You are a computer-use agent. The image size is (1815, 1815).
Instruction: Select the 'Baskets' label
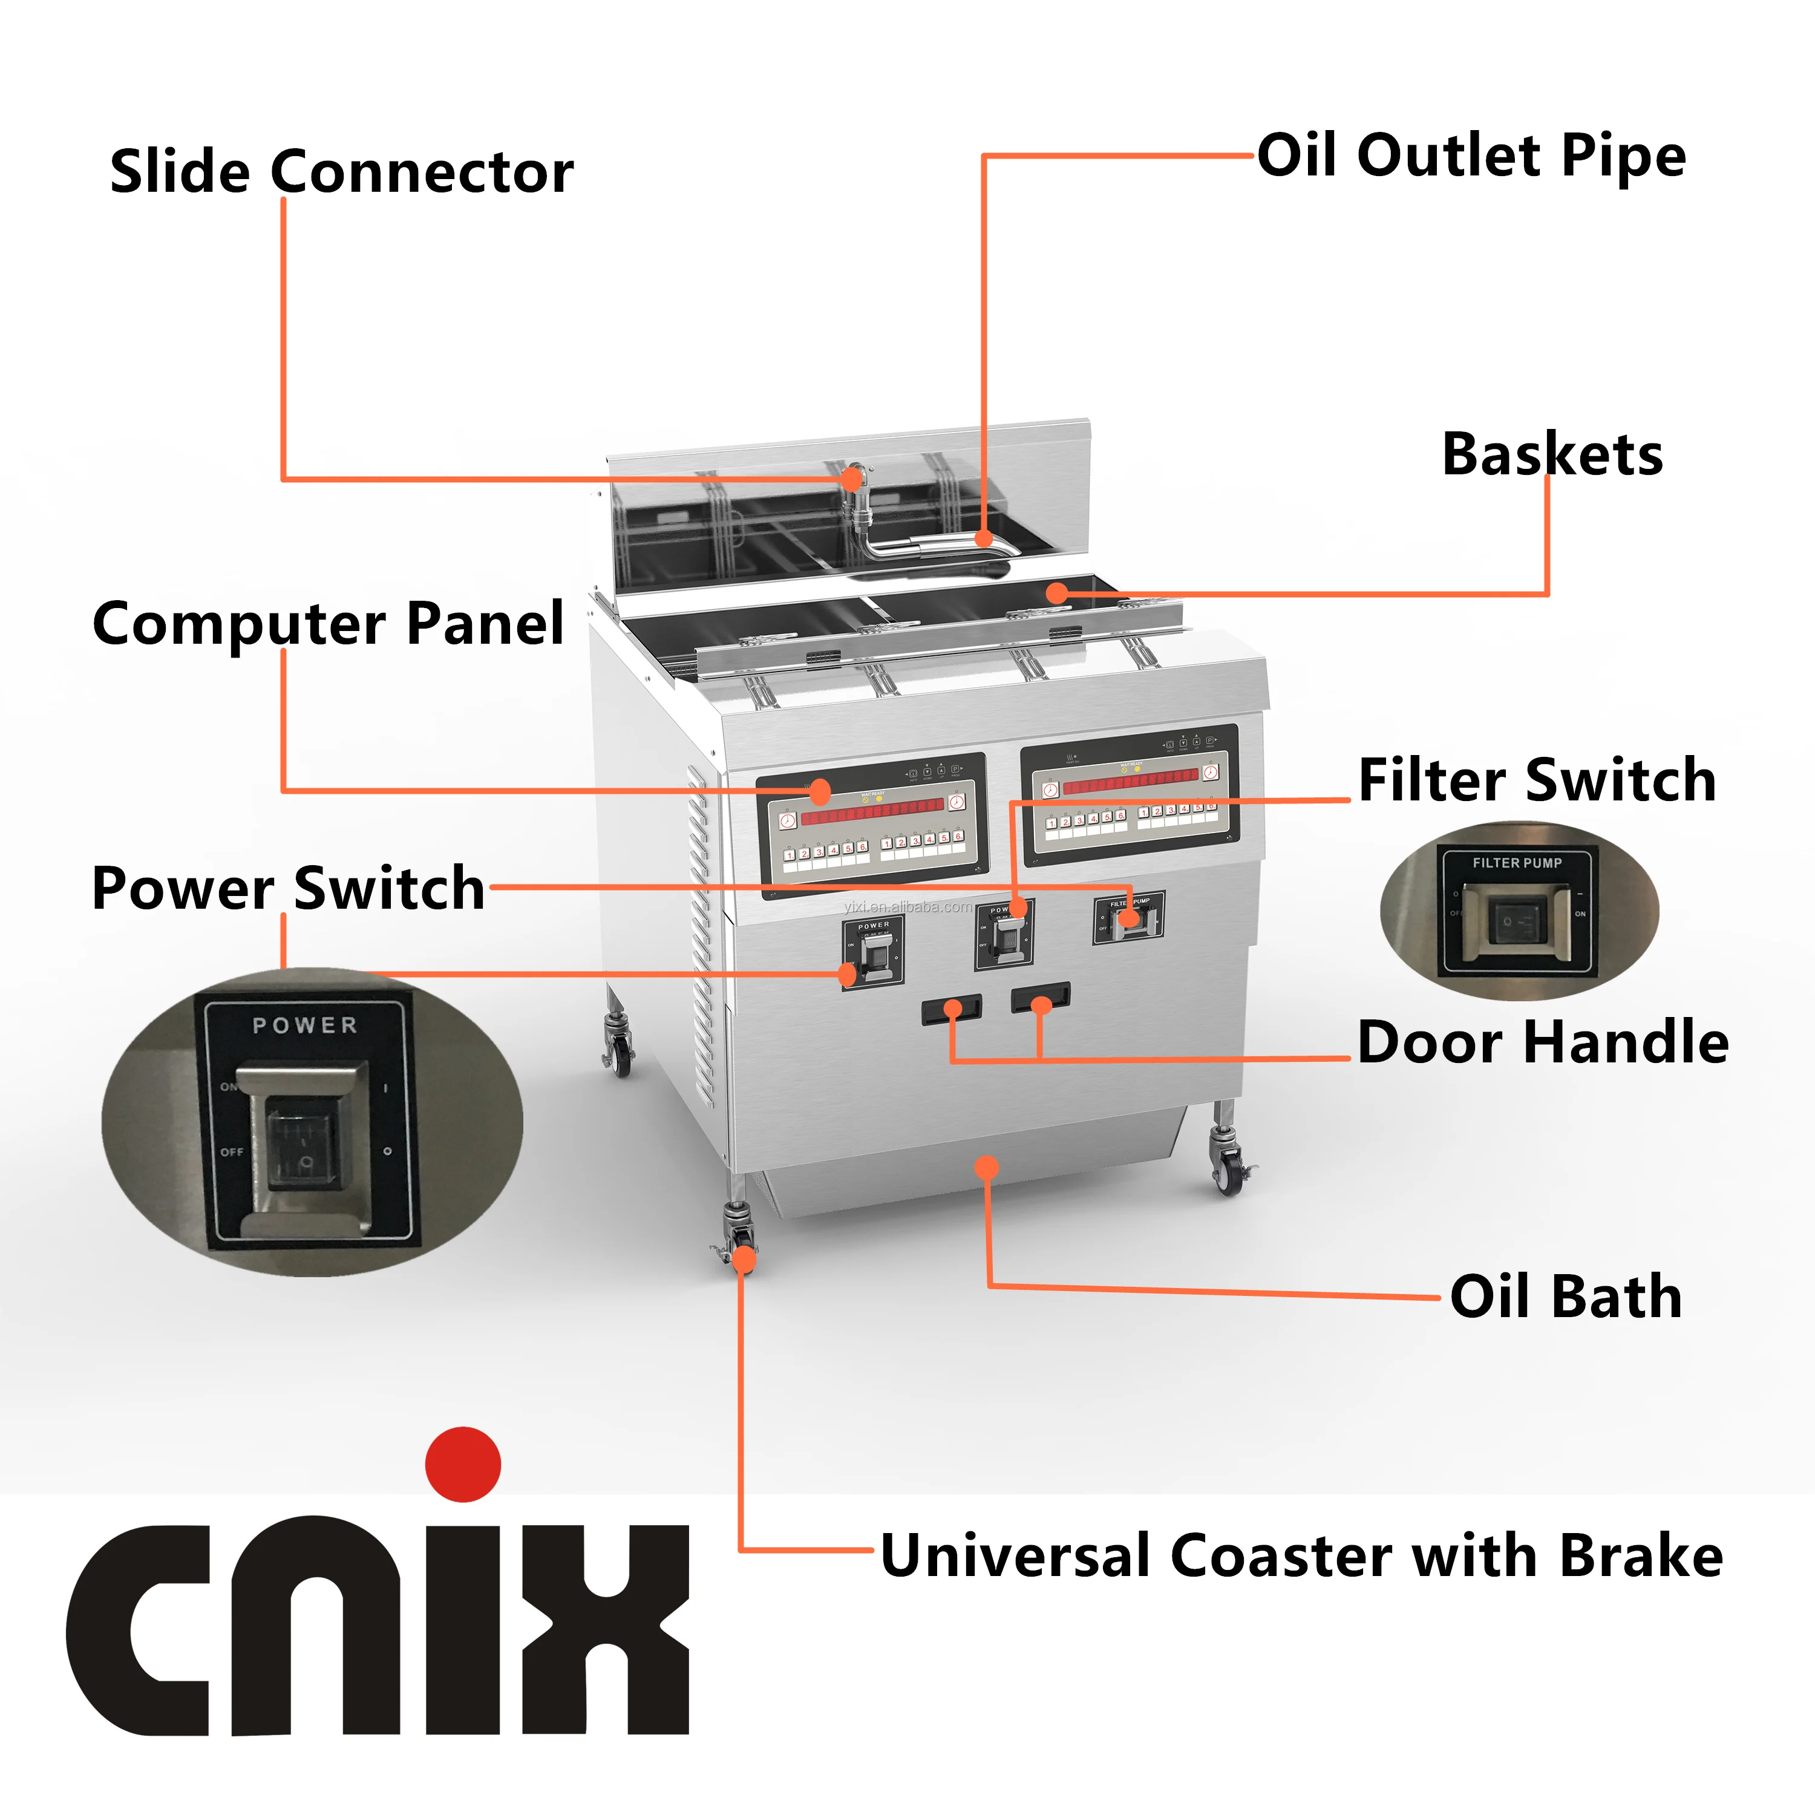pyautogui.click(x=1552, y=455)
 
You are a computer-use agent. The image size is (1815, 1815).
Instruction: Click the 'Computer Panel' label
pyautogui.click(x=328, y=623)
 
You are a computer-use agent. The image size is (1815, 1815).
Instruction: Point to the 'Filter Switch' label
pyautogui.click(x=1537, y=780)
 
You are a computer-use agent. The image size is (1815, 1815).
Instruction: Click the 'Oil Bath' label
pyautogui.click(x=1565, y=1297)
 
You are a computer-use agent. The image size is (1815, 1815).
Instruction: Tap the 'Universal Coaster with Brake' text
pyautogui.click(x=1301, y=1555)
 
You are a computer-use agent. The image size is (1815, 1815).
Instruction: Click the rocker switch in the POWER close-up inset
pyautogui.click(x=304, y=1139)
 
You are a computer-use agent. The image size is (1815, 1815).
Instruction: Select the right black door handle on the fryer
pyautogui.click(x=1040, y=997)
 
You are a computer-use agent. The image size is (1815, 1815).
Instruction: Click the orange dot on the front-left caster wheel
pyautogui.click(x=743, y=1259)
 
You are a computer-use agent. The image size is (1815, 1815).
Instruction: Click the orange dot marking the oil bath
pyautogui.click(x=986, y=1168)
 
